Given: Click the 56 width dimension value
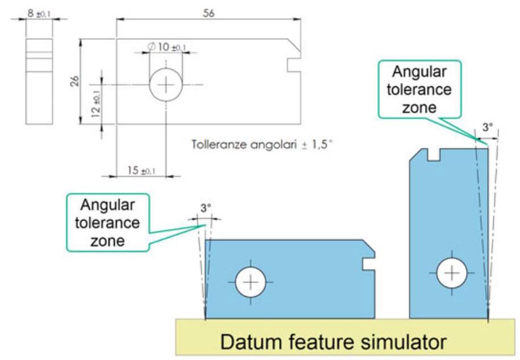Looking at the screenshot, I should [x=209, y=14].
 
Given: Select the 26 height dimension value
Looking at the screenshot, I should [x=74, y=81].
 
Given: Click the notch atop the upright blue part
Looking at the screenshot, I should [x=435, y=152].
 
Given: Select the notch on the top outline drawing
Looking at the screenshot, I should [x=294, y=64].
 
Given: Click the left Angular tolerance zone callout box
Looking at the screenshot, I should [x=109, y=222].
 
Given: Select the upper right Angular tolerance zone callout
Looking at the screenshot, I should [x=420, y=89].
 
